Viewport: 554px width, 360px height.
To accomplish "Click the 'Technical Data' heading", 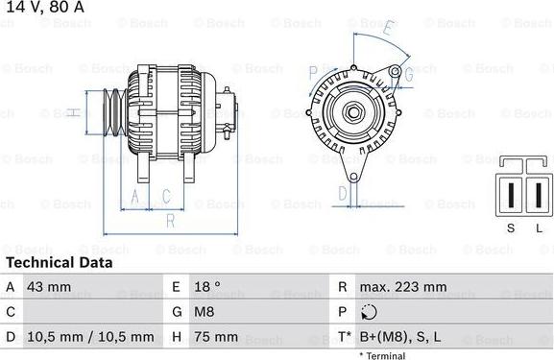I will [x=59, y=262].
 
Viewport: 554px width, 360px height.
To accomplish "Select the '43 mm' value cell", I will [x=49, y=287].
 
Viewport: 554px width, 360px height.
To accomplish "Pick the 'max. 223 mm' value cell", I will [x=402, y=287].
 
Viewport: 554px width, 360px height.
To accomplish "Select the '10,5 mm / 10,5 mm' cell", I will [x=92, y=337].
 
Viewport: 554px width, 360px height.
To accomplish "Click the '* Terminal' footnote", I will [x=382, y=355].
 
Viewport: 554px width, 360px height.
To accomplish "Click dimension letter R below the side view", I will [x=169, y=221].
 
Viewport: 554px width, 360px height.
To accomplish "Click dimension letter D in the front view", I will [x=343, y=194].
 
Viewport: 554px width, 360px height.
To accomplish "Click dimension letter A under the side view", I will [x=135, y=197].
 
